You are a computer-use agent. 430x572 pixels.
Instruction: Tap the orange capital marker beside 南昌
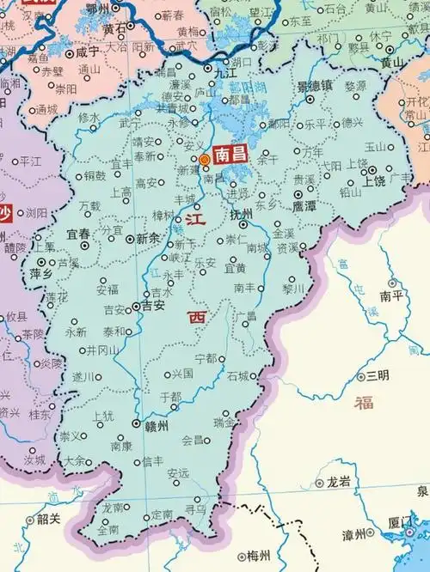pos(205,160)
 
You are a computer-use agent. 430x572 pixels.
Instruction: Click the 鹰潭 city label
pos(304,207)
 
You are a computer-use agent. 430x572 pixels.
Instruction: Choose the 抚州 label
pos(242,214)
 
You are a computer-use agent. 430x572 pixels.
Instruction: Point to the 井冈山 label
pos(103,350)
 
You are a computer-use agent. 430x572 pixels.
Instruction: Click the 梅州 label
pos(258,556)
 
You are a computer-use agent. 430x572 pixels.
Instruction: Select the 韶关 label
pos(48,519)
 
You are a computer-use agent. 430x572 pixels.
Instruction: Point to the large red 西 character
pos(198,318)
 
